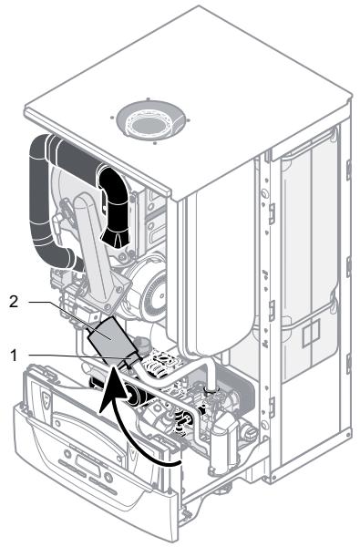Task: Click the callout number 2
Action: point(14,302)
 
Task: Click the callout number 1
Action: point(14,356)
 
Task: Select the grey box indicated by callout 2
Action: point(111,337)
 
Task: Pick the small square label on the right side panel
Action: point(311,333)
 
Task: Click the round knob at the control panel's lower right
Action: point(108,477)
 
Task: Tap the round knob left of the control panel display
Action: point(67,454)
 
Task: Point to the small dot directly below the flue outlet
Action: point(154,142)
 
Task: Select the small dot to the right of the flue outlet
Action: point(189,120)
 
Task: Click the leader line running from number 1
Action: point(80,356)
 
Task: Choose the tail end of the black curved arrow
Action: point(180,463)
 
